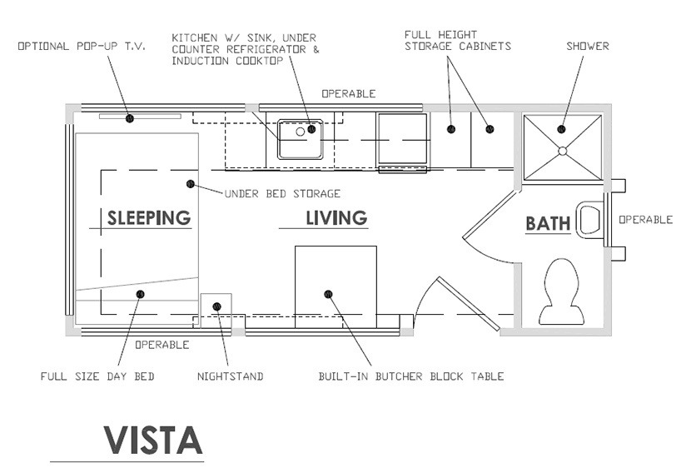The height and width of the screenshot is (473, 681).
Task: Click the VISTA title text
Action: coord(153,439)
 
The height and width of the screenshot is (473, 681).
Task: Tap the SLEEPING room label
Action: coord(149,218)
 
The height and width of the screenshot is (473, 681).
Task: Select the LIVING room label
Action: coord(336,218)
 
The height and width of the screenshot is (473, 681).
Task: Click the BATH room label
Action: coord(548,223)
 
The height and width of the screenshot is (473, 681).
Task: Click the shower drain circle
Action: coord(563,151)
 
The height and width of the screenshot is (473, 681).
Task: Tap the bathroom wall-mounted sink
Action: coord(589,219)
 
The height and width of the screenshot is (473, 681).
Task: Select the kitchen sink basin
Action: coord(300,139)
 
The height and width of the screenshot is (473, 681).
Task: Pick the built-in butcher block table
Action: coord(336,286)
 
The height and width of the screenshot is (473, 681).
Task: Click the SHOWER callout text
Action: coord(587,46)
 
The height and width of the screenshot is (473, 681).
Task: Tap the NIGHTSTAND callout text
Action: coord(230,376)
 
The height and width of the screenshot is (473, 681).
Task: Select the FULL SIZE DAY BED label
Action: coord(97,376)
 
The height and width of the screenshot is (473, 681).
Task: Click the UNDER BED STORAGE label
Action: coord(282,194)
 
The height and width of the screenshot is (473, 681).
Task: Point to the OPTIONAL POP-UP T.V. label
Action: coord(82,46)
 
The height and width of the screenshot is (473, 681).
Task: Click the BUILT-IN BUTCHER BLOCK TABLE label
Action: coord(410,376)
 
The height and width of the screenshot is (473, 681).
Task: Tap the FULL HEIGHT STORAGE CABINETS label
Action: coord(457,40)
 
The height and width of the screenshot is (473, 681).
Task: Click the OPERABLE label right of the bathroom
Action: coord(644,220)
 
